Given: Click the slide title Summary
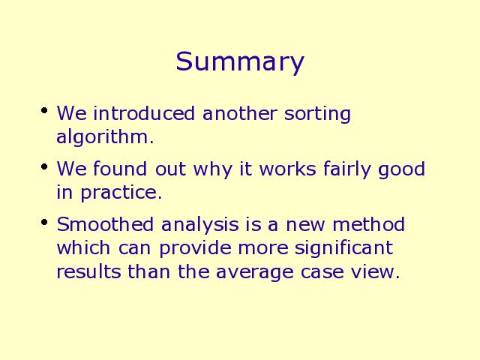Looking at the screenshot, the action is pyautogui.click(x=240, y=62).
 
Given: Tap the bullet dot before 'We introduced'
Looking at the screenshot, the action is pyautogui.click(x=44, y=110).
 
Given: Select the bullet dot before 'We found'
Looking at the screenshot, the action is pyautogui.click(x=44, y=166).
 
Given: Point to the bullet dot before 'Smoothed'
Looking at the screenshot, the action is pyautogui.click(x=44, y=222).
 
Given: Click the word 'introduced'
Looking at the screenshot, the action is pyautogui.click(x=144, y=113).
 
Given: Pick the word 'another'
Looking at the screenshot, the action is pyautogui.click(x=240, y=113).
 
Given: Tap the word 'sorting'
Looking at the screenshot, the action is pyautogui.click(x=317, y=114).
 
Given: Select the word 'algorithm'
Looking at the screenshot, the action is pyautogui.click(x=103, y=137).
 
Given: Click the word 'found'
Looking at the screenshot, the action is pyautogui.click(x=120, y=169).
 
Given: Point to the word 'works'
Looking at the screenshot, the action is pyautogui.click(x=287, y=169).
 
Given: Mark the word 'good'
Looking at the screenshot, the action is pyautogui.click(x=402, y=170).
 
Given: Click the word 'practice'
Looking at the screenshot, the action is pyautogui.click(x=119, y=193).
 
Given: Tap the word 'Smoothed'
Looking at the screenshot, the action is pyautogui.click(x=105, y=224).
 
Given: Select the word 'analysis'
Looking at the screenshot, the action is pyautogui.click(x=199, y=226).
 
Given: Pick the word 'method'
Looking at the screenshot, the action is pyautogui.click(x=368, y=224).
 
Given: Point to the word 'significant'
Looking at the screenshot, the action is pyautogui.click(x=343, y=249).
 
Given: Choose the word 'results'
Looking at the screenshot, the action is pyautogui.click(x=88, y=271).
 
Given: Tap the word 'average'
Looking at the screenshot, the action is pyautogui.click(x=254, y=273).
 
